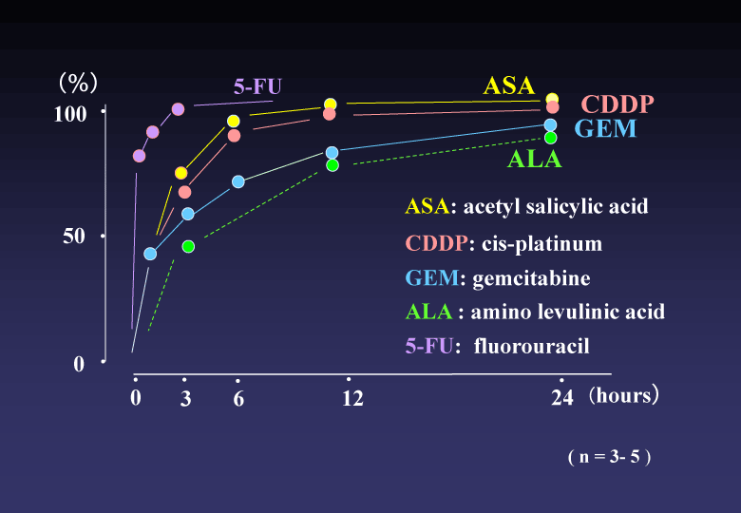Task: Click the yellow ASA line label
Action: point(509,85)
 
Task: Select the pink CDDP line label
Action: point(617,104)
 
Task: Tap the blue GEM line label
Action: point(605,130)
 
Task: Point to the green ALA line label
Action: point(535,159)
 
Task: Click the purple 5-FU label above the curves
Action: point(258,86)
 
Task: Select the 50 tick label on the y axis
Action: point(74,237)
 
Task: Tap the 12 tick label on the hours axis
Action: point(352,399)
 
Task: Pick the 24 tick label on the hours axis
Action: point(562,399)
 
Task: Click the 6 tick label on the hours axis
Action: point(238,399)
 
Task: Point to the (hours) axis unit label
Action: point(623,396)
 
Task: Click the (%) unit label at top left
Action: point(79,83)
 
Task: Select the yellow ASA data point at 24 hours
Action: point(552,99)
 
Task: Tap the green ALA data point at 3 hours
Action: point(188,246)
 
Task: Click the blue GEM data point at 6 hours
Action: point(238,181)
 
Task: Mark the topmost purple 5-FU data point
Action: point(178,109)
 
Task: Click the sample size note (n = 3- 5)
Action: point(609,457)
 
